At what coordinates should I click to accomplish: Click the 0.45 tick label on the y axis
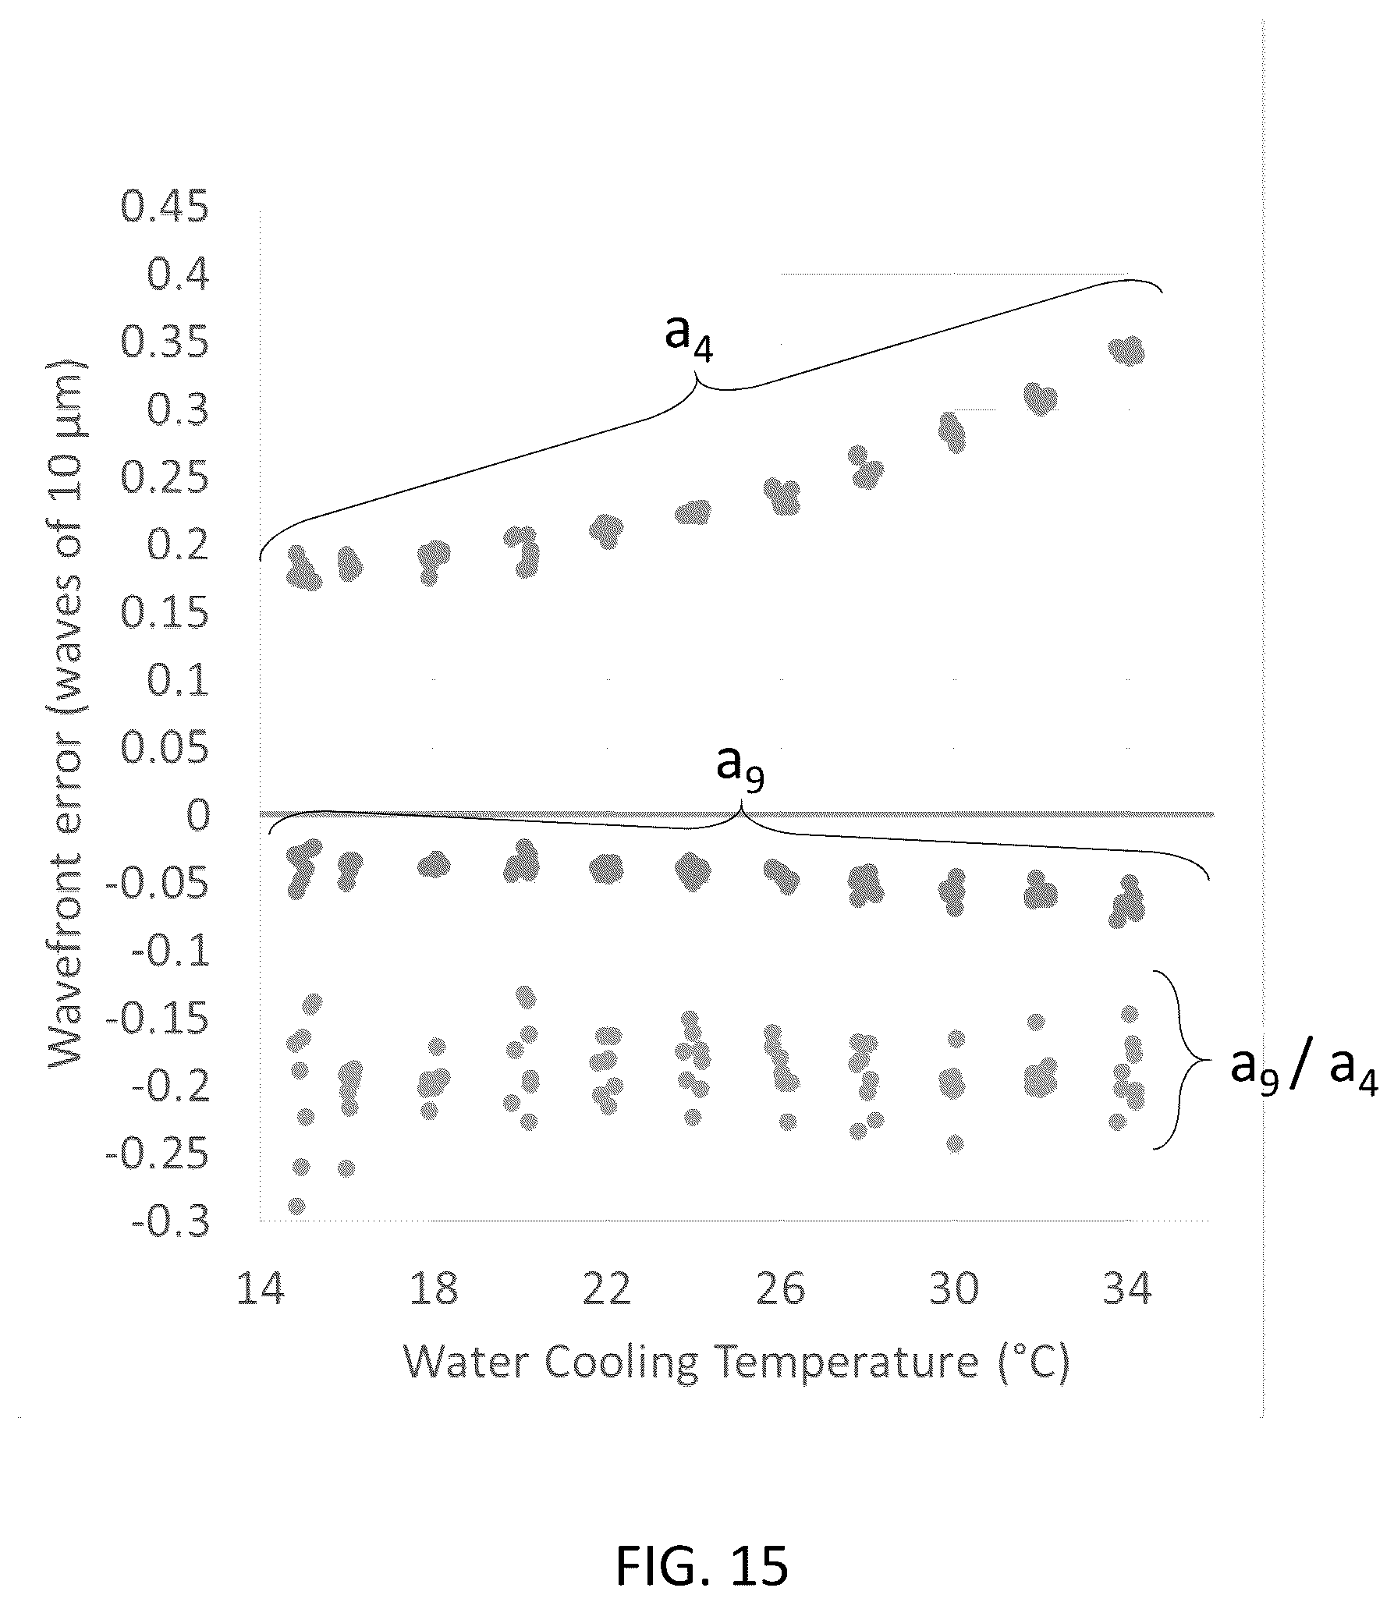(165, 208)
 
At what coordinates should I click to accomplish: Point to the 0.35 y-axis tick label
(165, 343)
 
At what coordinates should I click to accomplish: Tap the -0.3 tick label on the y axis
(171, 1222)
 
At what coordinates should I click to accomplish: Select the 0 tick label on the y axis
(198, 816)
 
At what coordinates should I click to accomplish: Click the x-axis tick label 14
(261, 1288)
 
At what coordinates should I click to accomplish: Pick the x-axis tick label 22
(607, 1288)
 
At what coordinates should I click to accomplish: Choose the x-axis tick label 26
(781, 1288)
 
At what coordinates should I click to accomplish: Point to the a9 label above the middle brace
(740, 769)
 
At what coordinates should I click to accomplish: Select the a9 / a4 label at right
(1304, 1070)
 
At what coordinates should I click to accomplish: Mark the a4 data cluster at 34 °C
(1127, 351)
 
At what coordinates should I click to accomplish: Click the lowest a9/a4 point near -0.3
(296, 1206)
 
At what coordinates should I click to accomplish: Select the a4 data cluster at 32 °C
(1040, 399)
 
